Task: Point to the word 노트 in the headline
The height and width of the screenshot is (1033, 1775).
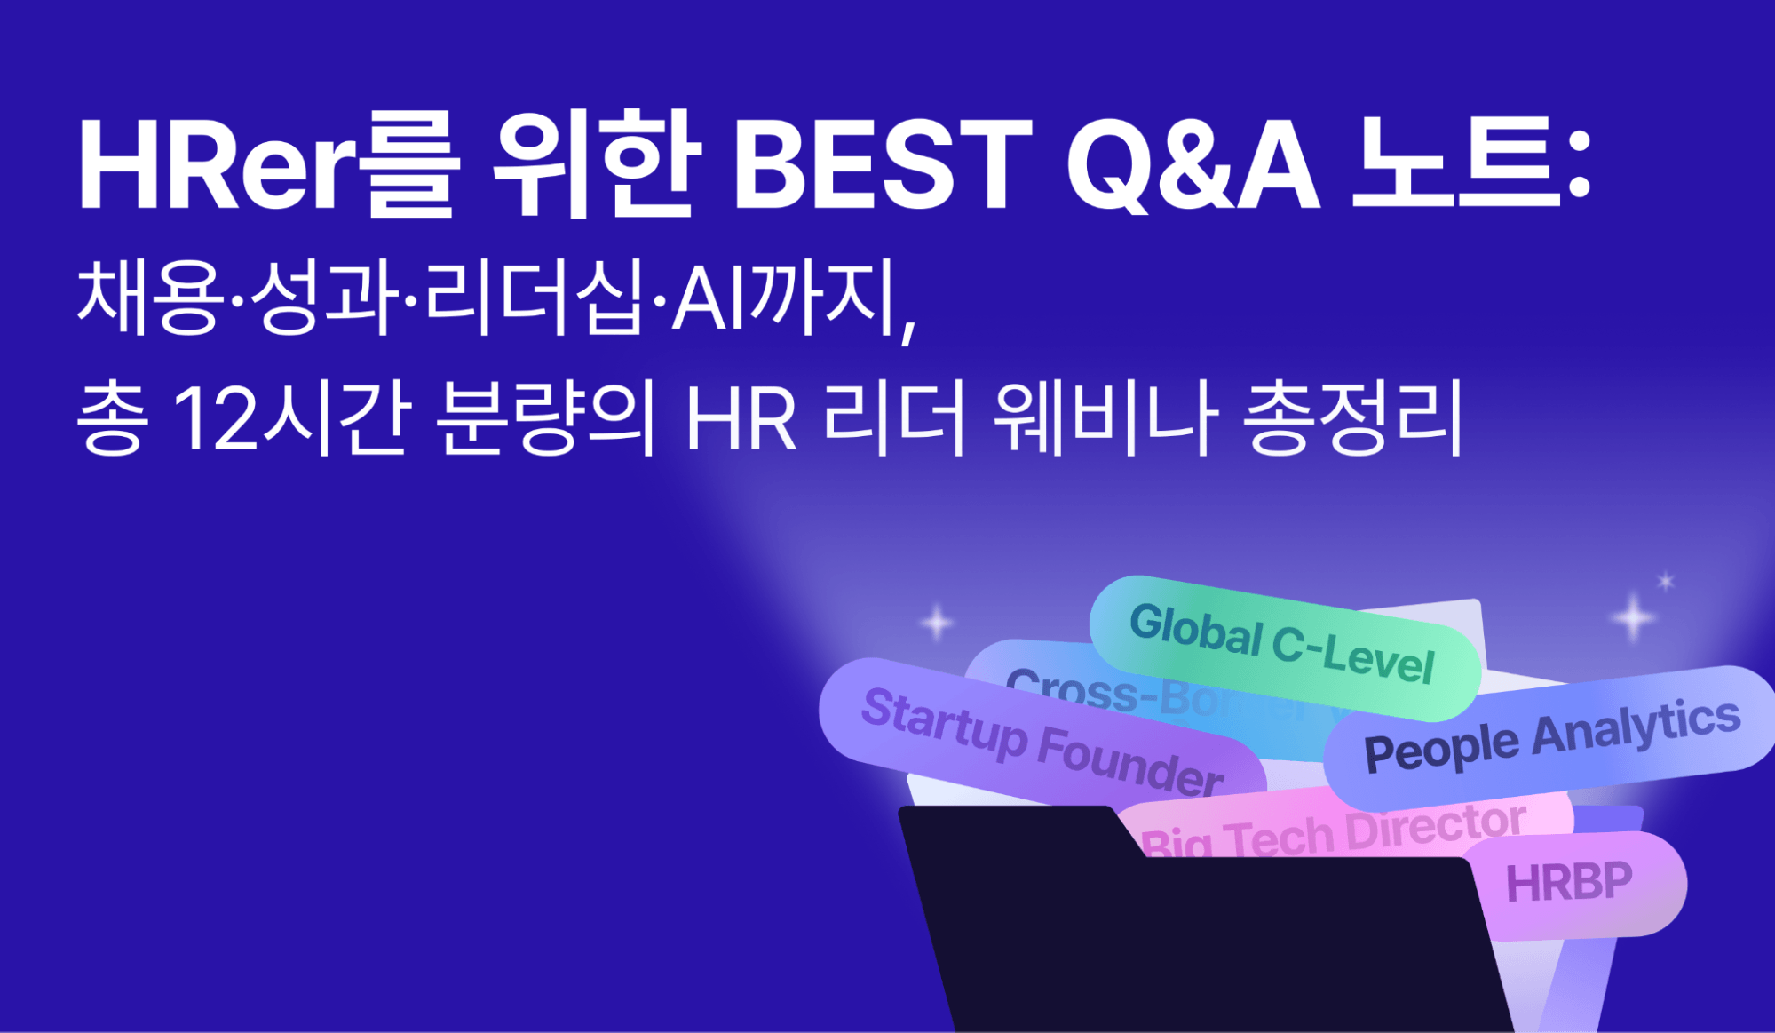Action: point(1456,164)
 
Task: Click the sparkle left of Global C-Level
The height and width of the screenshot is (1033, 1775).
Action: point(936,623)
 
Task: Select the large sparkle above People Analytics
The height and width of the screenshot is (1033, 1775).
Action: point(1632,618)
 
